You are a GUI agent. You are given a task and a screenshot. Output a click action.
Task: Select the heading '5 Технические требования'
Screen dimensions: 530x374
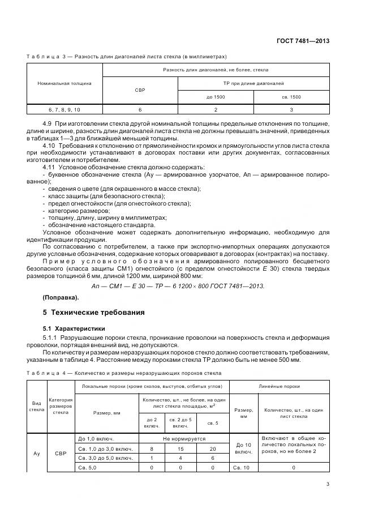pyautogui.click(x=90, y=312)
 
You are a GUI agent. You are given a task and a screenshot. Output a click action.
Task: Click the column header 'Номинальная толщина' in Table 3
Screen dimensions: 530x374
pyautogui.click(x=65, y=83)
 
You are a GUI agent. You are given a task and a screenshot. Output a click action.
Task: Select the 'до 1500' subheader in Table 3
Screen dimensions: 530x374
pyautogui.click(x=216, y=97)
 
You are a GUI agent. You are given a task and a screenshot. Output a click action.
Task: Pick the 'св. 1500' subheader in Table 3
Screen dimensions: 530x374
pyautogui.click(x=291, y=97)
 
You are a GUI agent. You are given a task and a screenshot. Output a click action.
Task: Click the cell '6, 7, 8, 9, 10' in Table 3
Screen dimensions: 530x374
pyautogui.click(x=65, y=110)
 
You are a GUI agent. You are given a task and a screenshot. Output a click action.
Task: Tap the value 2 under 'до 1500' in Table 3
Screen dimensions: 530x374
pyautogui.click(x=216, y=110)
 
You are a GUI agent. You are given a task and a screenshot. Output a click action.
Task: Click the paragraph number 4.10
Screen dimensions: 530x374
pyautogui.click(x=50, y=146)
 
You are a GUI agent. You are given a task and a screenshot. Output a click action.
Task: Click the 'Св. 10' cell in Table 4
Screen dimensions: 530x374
pyautogui.click(x=243, y=467)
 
